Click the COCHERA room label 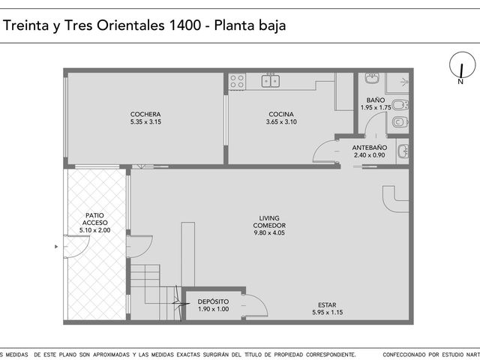tap(145, 114)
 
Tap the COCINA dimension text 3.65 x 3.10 tap(281, 121)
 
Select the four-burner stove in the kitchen tap(237, 81)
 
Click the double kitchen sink tap(271, 80)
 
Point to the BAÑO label tap(376, 100)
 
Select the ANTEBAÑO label tap(370, 148)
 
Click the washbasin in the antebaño tap(403, 151)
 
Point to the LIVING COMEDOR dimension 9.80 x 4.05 tap(269, 233)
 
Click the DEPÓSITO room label tap(213, 301)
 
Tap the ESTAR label tap(327, 305)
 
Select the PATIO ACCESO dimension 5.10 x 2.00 tap(95, 230)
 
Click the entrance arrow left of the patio tap(56, 247)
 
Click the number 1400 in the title tap(184, 25)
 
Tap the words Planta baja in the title tap(250, 25)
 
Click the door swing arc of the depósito tap(259, 302)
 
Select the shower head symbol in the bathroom tap(405, 82)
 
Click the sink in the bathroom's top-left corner tap(372, 78)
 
